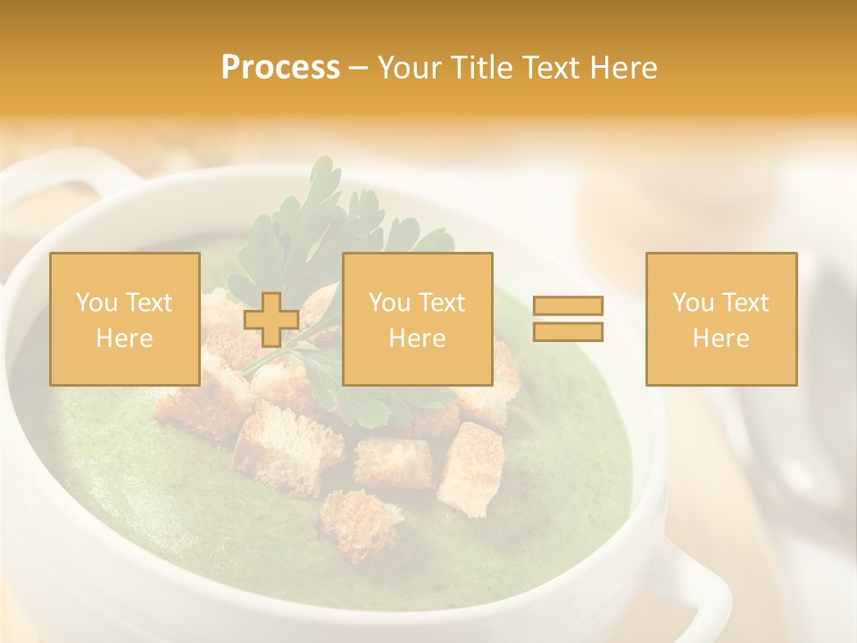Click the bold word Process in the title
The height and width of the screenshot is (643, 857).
[x=280, y=68]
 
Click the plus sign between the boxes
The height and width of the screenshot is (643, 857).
[x=271, y=320]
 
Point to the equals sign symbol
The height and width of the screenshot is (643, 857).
[x=568, y=319]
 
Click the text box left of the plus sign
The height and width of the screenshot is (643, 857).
[x=124, y=319]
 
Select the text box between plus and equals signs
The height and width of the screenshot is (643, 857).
[x=417, y=319]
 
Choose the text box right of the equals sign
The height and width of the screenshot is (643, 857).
[x=721, y=319]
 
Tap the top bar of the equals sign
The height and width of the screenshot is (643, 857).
[x=568, y=306]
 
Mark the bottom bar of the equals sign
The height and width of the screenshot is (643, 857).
[x=568, y=331]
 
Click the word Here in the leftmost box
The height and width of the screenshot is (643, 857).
[x=124, y=338]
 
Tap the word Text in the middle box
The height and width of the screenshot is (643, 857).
[x=442, y=303]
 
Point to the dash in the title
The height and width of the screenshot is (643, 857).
[x=359, y=68]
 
